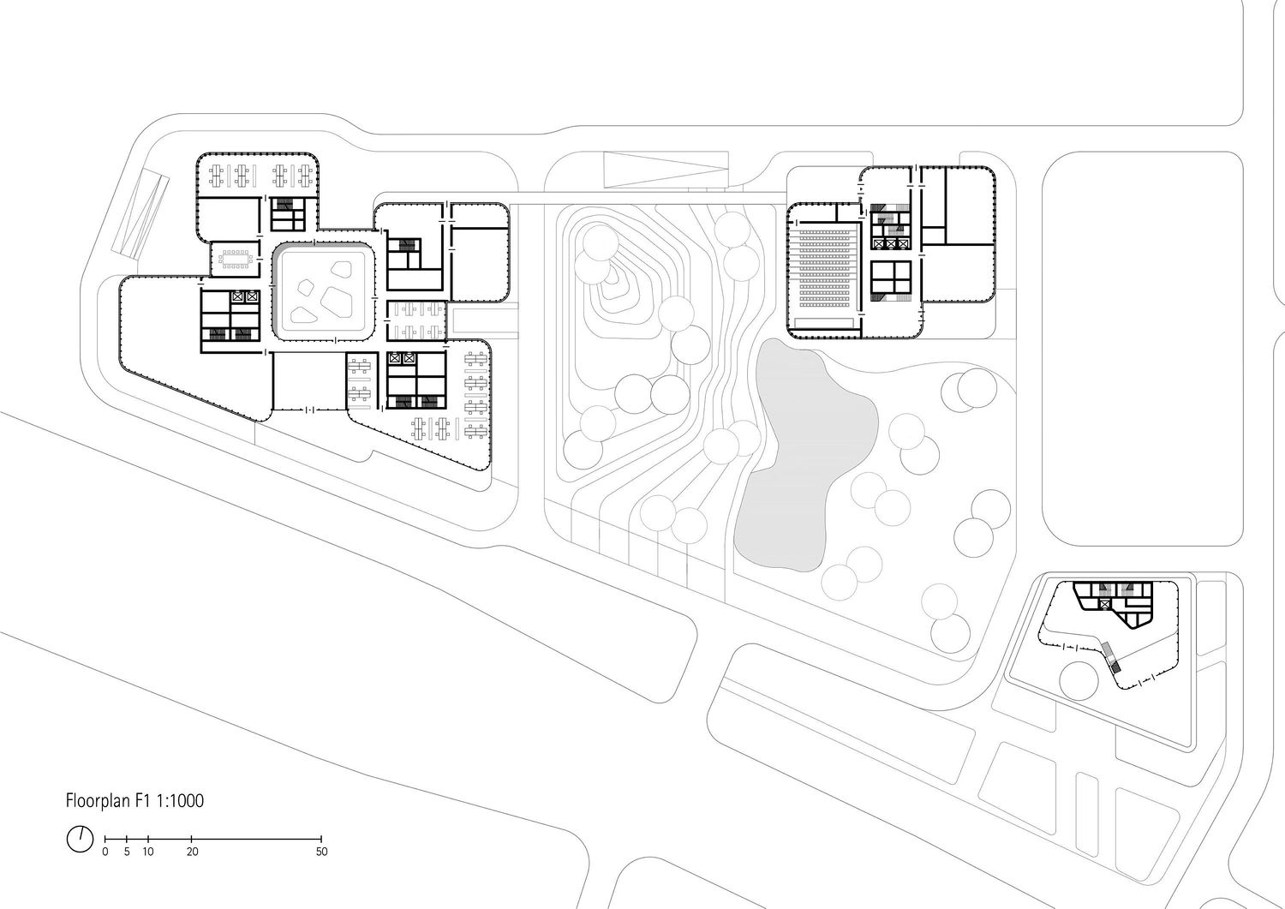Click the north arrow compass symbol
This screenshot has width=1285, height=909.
click(x=80, y=839)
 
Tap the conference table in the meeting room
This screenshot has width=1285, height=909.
click(x=236, y=260)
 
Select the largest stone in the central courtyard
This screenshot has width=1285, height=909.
click(x=334, y=298)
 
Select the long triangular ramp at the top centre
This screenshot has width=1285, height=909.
click(x=666, y=169)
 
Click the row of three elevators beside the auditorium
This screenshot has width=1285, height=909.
click(x=891, y=244)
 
